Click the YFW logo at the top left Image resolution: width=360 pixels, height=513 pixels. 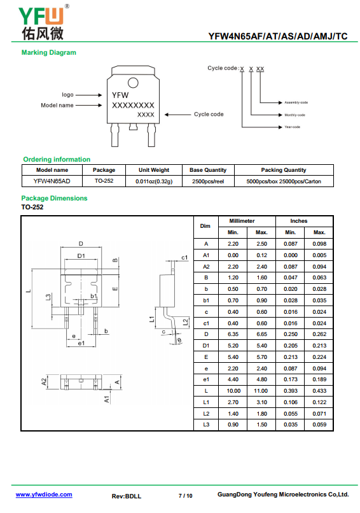click(43, 22)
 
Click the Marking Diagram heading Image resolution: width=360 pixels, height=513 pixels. click(49, 52)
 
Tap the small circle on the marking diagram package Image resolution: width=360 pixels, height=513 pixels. click(133, 83)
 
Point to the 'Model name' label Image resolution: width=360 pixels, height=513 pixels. click(57, 105)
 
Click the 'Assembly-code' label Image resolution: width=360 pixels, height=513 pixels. click(296, 102)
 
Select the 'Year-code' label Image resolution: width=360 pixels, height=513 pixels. click(292, 127)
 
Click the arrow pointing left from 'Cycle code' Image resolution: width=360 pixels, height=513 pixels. click(177, 115)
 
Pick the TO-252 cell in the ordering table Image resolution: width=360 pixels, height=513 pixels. click(104, 181)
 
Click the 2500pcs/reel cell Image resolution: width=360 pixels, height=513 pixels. click(208, 181)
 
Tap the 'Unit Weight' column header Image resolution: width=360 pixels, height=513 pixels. click(154, 170)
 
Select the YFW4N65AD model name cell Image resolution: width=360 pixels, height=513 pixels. click(52, 181)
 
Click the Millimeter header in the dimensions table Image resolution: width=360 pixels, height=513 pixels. click(242, 221)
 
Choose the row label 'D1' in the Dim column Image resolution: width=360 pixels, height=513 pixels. click(206, 346)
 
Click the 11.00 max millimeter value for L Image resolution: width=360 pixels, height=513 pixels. click(261, 391)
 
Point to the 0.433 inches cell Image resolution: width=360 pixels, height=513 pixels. click(319, 391)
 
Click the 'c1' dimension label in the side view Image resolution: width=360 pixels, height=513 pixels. click(184, 258)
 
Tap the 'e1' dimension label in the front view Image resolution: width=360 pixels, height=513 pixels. click(81, 343)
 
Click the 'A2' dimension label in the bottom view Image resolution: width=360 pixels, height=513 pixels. click(44, 382)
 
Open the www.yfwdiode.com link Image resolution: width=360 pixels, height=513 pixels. click(44, 495)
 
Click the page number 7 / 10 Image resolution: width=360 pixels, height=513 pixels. click(185, 496)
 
